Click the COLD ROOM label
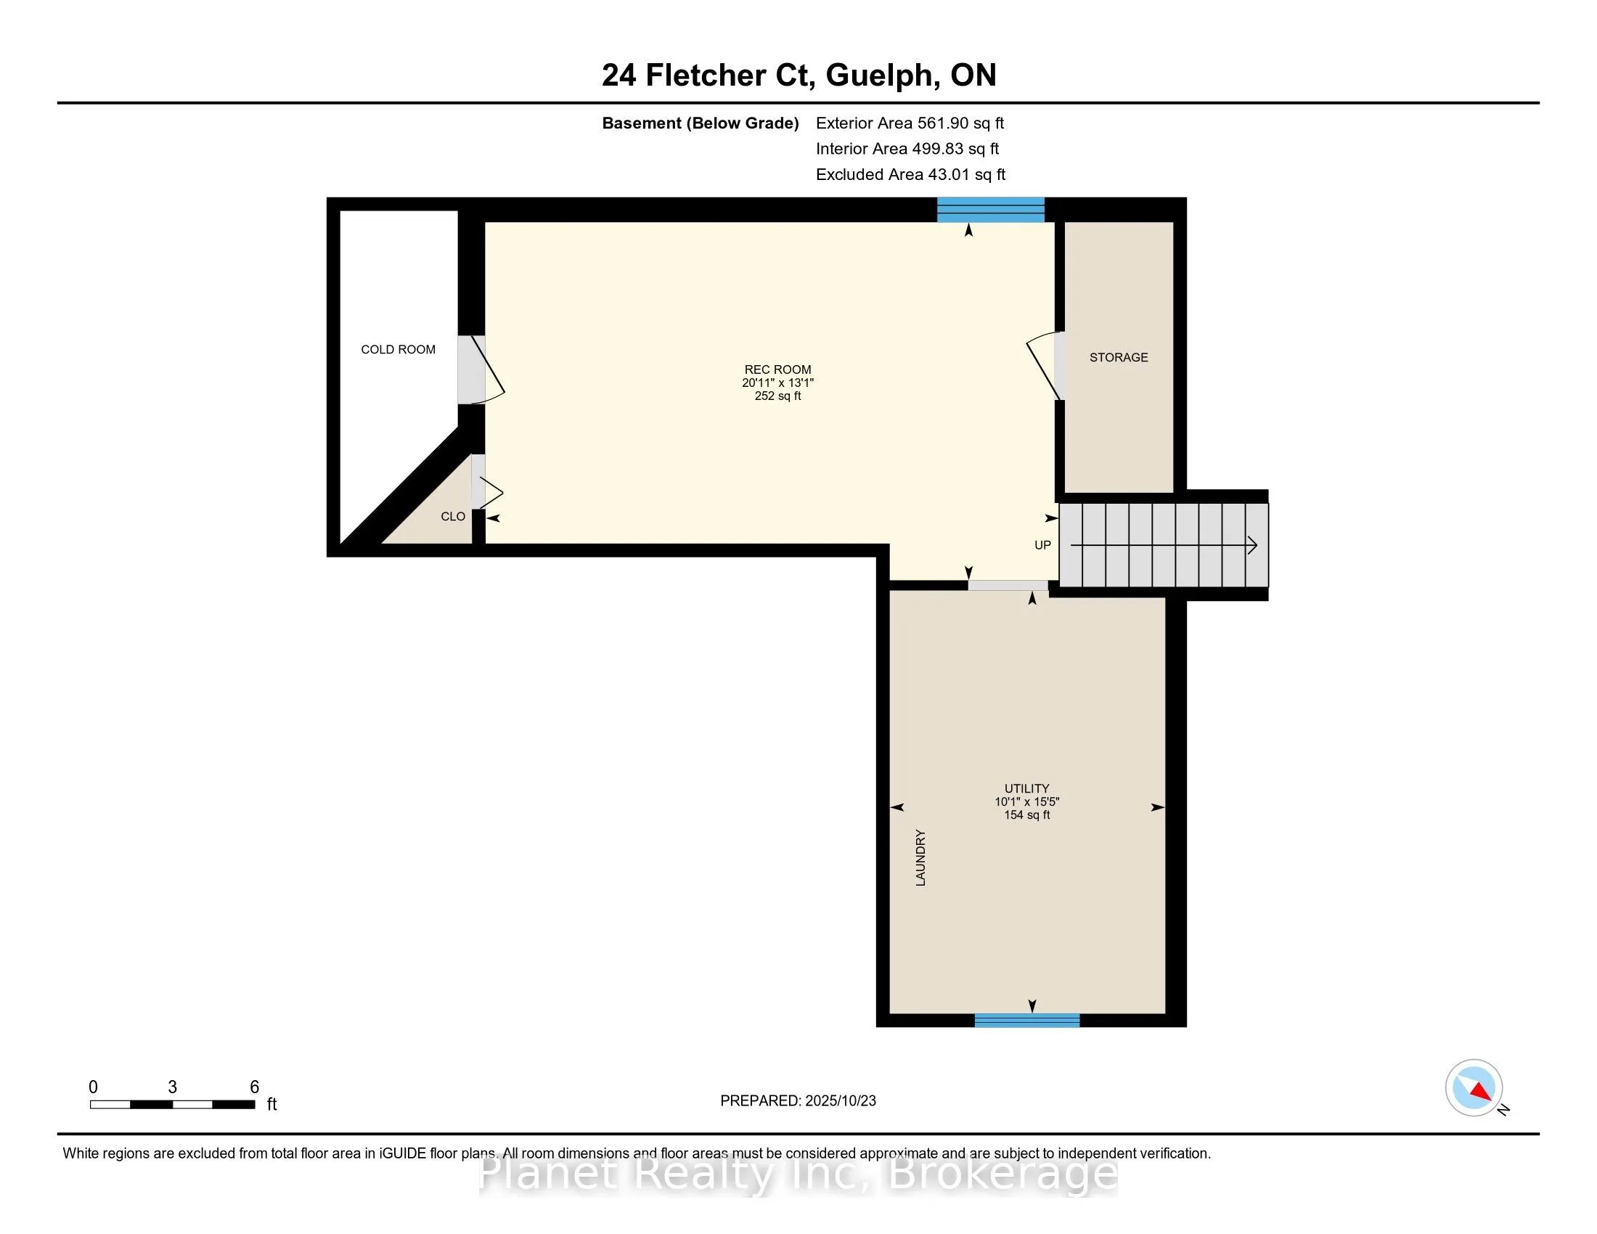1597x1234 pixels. [398, 349]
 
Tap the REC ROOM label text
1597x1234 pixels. [777, 370]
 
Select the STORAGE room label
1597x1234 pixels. [1119, 357]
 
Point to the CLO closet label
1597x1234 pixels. [453, 517]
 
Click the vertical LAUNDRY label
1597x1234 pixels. [920, 858]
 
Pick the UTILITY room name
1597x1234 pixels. [1026, 788]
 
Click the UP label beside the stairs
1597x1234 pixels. [1042, 545]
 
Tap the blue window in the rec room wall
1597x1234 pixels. [991, 210]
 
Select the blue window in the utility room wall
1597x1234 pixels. [1027, 1021]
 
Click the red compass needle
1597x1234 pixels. [1481, 1092]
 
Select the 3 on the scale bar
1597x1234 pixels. [173, 1087]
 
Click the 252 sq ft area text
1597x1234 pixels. [777, 396]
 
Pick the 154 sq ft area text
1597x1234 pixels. [1026, 815]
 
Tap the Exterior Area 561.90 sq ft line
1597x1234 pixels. [910, 123]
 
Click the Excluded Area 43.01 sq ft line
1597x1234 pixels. [910, 175]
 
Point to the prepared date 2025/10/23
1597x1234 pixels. [840, 1101]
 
